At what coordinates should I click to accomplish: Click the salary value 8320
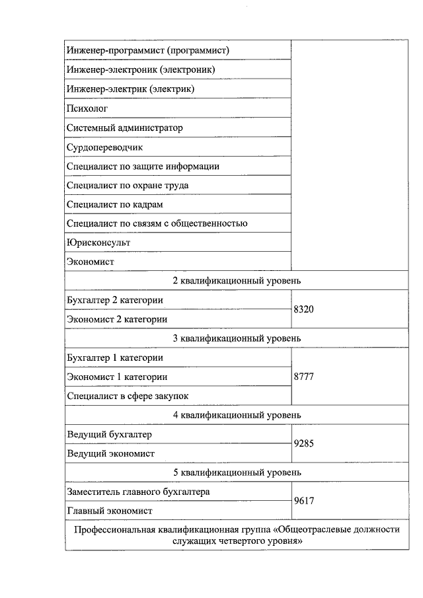click(304, 309)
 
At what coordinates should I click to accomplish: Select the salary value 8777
click(304, 377)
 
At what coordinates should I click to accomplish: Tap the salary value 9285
click(304, 444)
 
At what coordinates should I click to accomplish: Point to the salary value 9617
click(304, 501)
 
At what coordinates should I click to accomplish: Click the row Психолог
click(87, 108)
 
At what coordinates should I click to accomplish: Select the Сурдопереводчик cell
click(104, 147)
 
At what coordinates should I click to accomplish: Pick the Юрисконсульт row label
click(98, 243)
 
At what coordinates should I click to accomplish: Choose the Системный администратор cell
click(125, 128)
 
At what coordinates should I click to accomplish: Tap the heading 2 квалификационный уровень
click(237, 281)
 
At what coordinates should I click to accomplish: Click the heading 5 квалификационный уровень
click(237, 472)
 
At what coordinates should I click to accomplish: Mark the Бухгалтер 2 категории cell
click(115, 300)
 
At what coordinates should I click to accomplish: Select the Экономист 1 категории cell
click(117, 377)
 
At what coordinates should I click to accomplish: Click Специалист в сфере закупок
click(128, 396)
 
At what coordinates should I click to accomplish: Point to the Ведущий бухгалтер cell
click(109, 434)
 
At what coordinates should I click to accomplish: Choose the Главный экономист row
click(110, 511)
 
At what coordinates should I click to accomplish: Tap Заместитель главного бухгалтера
click(139, 492)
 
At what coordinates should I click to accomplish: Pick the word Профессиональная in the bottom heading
click(114, 530)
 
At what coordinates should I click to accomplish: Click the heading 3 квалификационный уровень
click(237, 338)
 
